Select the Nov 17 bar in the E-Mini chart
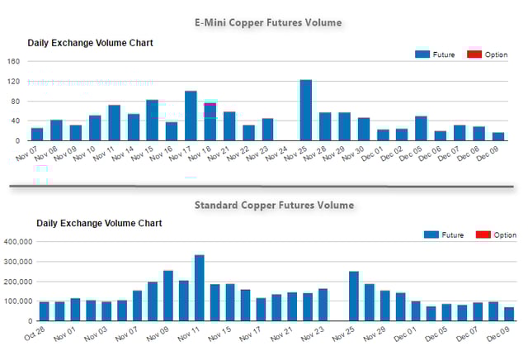191,116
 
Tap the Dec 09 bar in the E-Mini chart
497,136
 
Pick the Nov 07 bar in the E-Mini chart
37,134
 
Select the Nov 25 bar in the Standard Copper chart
354,296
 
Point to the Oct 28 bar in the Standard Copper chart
45,311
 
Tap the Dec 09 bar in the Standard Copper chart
508,314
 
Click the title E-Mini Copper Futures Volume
267,22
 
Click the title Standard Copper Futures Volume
274,205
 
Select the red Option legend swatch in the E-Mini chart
474,54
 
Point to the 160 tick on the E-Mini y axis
12,61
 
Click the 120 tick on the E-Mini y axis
12,81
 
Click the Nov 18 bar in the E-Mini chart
210,121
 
